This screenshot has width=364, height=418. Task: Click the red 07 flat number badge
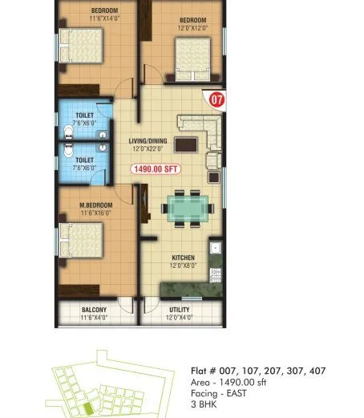(215, 100)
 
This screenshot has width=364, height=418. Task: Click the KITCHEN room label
(183, 258)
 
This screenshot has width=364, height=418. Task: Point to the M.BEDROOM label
(96, 205)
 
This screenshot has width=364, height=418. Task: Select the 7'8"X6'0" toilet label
(84, 122)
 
